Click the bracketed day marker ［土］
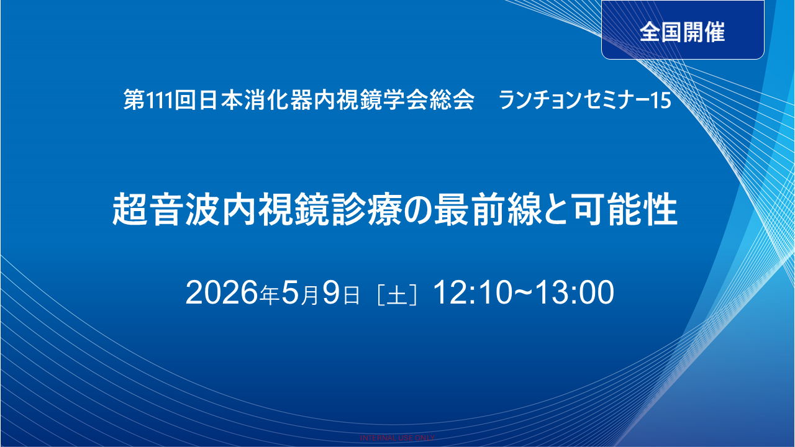pos(396,295)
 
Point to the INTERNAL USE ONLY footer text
pos(397,438)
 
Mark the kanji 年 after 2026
pos(270,296)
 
